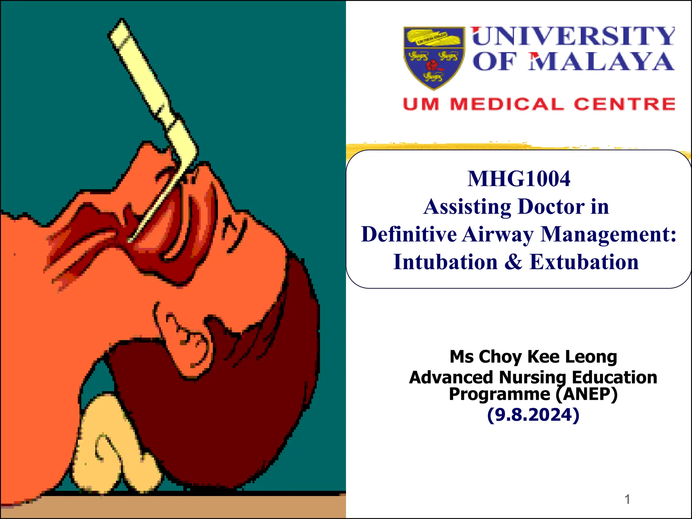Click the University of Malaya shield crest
tap(434, 57)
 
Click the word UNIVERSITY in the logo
tap(573, 36)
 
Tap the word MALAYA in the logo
tap(601, 62)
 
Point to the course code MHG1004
tap(519, 179)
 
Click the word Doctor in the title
tap(551, 206)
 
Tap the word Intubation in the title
tap(446, 262)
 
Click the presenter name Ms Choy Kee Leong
tap(533, 357)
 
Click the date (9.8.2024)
tap(533, 415)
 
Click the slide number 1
tap(627, 499)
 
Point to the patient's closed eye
tap(233, 233)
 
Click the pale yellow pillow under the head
tap(112, 453)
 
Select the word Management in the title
tap(609, 234)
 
